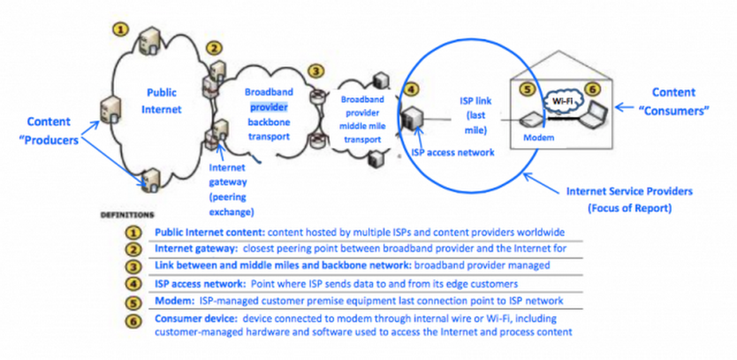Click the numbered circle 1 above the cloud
121,30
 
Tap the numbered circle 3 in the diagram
316,71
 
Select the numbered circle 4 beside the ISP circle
411,89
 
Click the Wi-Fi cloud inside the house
562,101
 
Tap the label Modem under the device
539,138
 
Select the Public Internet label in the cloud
161,101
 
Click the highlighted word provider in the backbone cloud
269,107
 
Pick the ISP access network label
453,152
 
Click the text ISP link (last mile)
476,115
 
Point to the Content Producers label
49,131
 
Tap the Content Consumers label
673,101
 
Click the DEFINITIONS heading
127,215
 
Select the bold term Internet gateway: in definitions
196,248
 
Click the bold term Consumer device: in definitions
196,319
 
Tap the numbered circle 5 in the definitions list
133,303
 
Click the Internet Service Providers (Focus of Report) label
629,200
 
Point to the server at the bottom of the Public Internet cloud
151,180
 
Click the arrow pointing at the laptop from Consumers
624,107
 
